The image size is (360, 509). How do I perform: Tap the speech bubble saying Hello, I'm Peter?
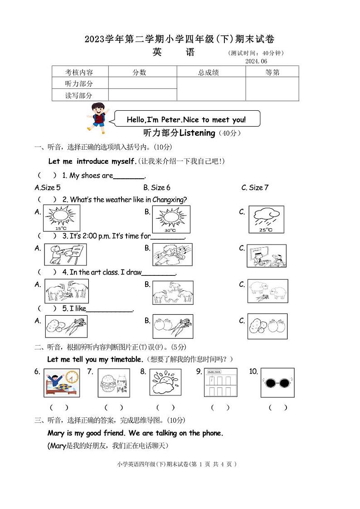click(186, 119)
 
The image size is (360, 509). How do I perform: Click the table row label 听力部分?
click(79, 83)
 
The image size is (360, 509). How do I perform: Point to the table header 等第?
click(272, 72)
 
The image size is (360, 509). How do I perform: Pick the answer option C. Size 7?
click(255, 187)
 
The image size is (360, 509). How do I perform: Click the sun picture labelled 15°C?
click(62, 218)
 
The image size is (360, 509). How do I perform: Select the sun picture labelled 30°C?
click(171, 219)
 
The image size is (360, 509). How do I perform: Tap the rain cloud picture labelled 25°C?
click(266, 220)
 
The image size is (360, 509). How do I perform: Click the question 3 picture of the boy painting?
click(65, 254)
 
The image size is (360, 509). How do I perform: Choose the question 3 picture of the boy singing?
click(172, 254)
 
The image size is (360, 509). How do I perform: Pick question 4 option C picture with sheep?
click(268, 291)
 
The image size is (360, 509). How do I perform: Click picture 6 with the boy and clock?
click(62, 382)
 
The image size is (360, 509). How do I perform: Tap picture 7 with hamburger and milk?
click(114, 382)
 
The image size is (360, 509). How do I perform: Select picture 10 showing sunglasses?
click(277, 382)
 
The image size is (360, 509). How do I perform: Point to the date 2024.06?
click(256, 61)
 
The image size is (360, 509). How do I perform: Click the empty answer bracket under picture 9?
click(221, 407)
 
